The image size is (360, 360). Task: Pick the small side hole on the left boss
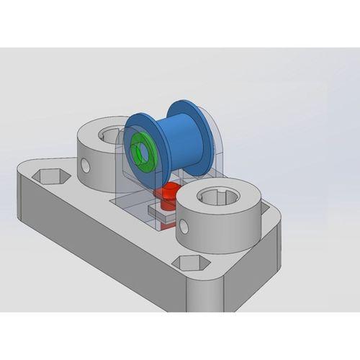[x=86, y=167]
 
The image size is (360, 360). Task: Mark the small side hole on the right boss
[x=185, y=229]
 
